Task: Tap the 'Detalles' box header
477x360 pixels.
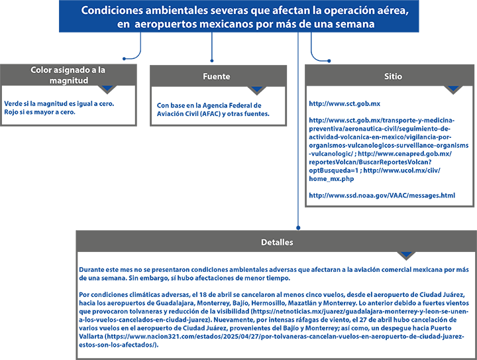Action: [277, 242]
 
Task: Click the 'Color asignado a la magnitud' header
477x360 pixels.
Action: [68, 75]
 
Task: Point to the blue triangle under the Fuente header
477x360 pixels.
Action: [257, 89]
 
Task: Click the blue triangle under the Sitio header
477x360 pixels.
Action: [453, 88]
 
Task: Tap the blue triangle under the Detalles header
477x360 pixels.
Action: [406, 255]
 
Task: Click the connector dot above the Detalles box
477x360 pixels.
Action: [298, 227]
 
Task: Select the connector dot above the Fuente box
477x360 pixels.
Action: [212, 61]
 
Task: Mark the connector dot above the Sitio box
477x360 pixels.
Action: [329, 61]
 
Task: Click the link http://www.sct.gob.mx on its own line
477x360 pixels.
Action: [344, 104]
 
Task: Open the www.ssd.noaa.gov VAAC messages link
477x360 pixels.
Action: [382, 196]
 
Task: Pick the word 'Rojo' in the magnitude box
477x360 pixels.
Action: [11, 112]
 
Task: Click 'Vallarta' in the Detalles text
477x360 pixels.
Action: [91, 336]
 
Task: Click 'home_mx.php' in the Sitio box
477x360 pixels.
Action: [331, 179]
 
